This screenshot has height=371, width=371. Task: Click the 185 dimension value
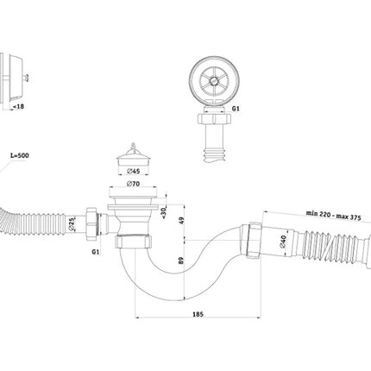point(198,314)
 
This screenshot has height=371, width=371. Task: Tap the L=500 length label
point(20,155)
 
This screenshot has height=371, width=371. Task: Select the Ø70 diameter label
point(133,183)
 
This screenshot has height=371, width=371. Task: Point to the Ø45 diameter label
point(133,171)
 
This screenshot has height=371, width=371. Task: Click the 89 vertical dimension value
point(181,261)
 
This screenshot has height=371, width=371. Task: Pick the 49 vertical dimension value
point(181,221)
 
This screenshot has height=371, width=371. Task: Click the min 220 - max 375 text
point(333,215)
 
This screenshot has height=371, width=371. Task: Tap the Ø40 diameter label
point(283,241)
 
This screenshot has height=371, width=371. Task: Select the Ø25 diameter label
point(72,224)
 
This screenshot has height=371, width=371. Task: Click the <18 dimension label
point(18,106)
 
